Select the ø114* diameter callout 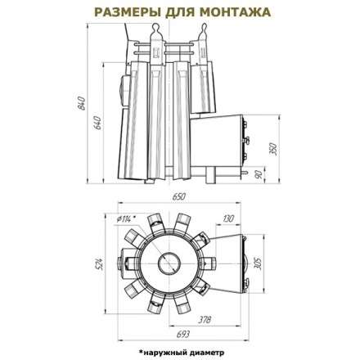click(126, 218)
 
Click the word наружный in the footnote click(164, 352)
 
